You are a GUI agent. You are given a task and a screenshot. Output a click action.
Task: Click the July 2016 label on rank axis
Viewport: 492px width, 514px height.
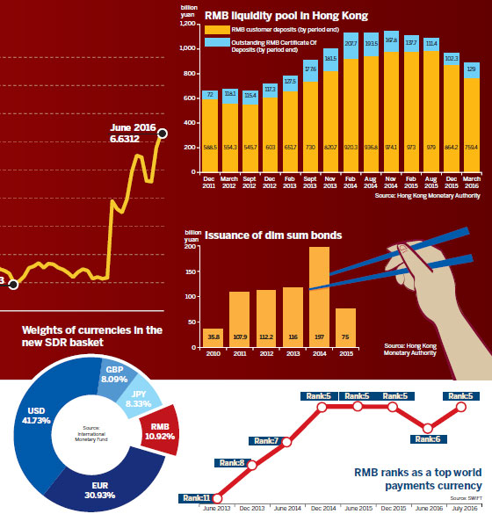coord(465,507)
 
